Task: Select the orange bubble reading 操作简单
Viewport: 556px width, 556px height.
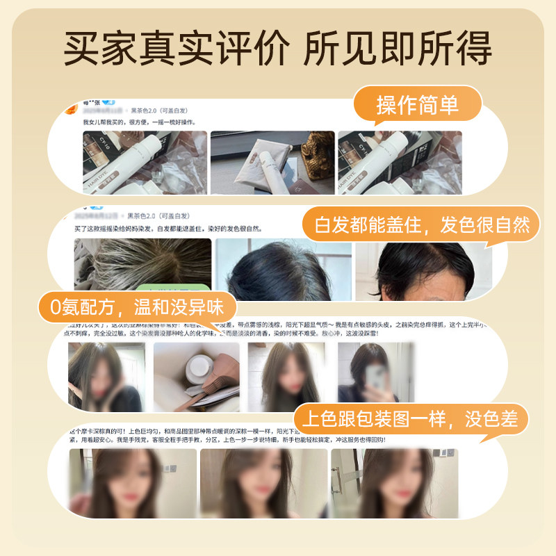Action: tap(418, 106)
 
